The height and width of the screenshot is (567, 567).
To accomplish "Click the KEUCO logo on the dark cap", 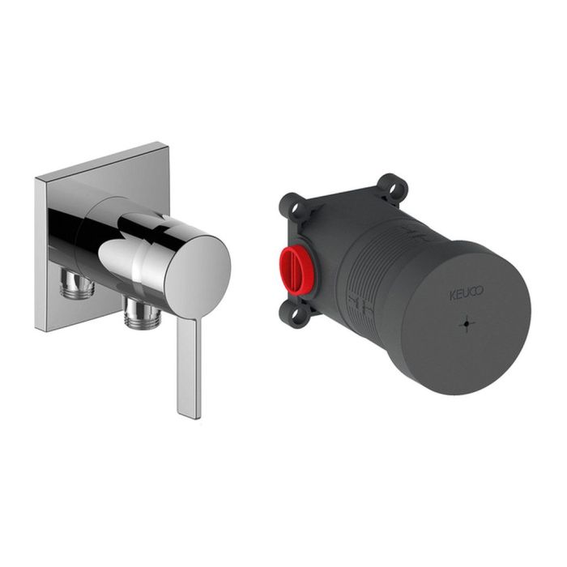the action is point(467,293).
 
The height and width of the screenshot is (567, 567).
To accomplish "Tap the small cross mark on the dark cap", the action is point(467,323).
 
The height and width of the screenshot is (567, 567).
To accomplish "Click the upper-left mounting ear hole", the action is point(296,207).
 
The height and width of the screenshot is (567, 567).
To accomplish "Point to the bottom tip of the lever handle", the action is point(190,417).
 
